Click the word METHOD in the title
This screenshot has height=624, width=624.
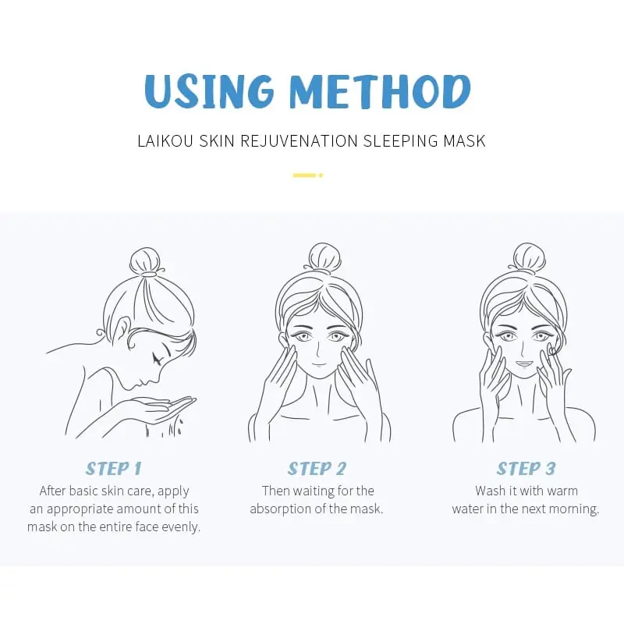pyautogui.click(x=380, y=92)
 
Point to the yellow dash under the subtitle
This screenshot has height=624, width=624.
pyautogui.click(x=306, y=175)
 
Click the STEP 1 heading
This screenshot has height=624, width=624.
pyautogui.click(x=114, y=469)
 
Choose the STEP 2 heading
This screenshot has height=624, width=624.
pyautogui.click(x=317, y=469)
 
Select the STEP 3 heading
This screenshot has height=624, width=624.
pyautogui.click(x=526, y=469)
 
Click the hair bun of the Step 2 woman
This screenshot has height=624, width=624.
pyautogui.click(x=324, y=257)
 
